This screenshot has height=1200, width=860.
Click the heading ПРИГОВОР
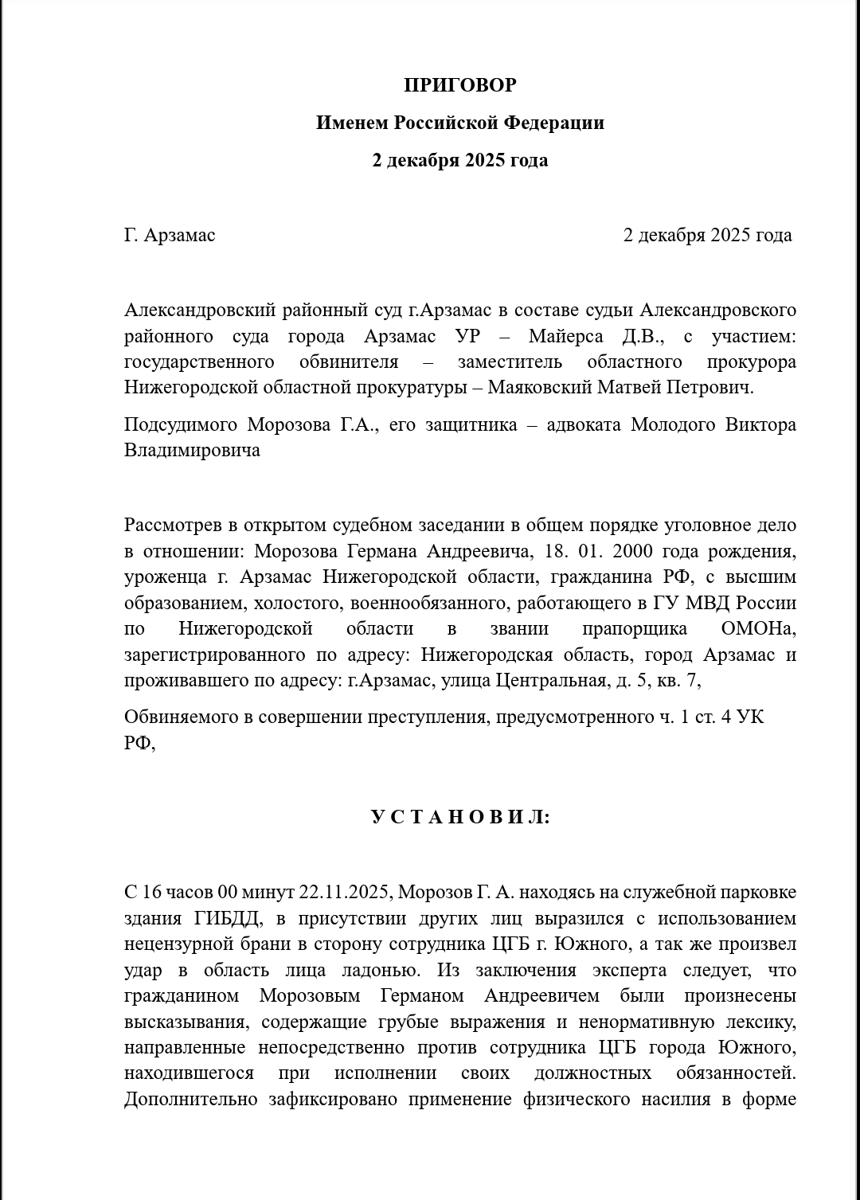459,85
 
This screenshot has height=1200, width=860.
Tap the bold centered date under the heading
459,160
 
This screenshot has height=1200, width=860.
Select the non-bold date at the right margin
707,235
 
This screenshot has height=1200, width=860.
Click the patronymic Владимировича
192,450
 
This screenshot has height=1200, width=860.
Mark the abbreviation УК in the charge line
750,717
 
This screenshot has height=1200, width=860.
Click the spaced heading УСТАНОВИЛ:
459,818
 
